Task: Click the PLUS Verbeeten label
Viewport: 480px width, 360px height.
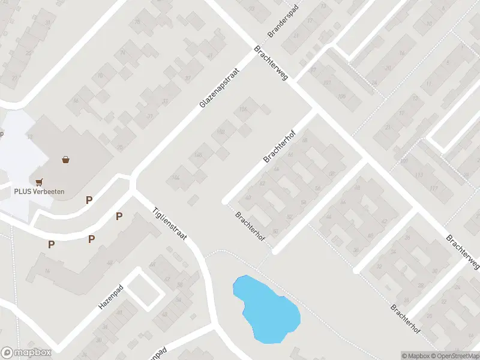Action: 39,191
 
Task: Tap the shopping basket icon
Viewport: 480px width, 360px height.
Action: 65,160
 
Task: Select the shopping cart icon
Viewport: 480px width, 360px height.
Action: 40,181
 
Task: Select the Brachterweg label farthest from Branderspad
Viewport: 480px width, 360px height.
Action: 463,252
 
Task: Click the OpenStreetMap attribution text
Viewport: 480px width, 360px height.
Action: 456,356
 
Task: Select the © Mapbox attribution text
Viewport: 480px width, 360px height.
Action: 416,356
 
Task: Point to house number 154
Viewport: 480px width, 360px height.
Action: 243,109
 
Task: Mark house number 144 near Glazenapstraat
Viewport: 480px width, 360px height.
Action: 175,176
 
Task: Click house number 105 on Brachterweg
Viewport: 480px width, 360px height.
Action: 341,95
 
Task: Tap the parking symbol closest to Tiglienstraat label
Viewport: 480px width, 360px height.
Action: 119,217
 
